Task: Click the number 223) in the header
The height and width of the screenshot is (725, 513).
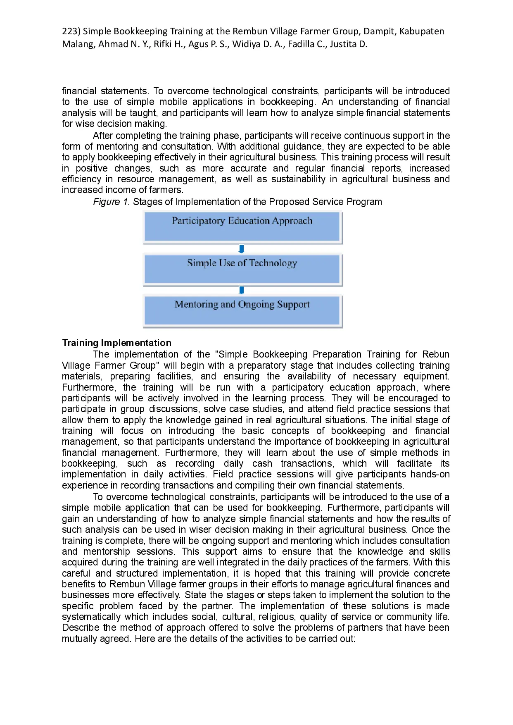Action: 71,31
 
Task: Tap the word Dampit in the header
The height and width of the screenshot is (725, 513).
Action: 379,31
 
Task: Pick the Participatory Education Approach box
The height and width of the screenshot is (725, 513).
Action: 242,227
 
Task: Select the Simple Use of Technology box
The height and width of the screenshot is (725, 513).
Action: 242,269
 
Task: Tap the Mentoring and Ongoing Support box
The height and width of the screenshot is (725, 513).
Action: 242,310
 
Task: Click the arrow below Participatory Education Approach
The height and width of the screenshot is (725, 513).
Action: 242,249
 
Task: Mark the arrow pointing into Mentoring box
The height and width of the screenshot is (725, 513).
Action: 242,290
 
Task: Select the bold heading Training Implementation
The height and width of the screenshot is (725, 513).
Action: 116,343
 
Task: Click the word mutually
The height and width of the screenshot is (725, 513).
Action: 78,639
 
